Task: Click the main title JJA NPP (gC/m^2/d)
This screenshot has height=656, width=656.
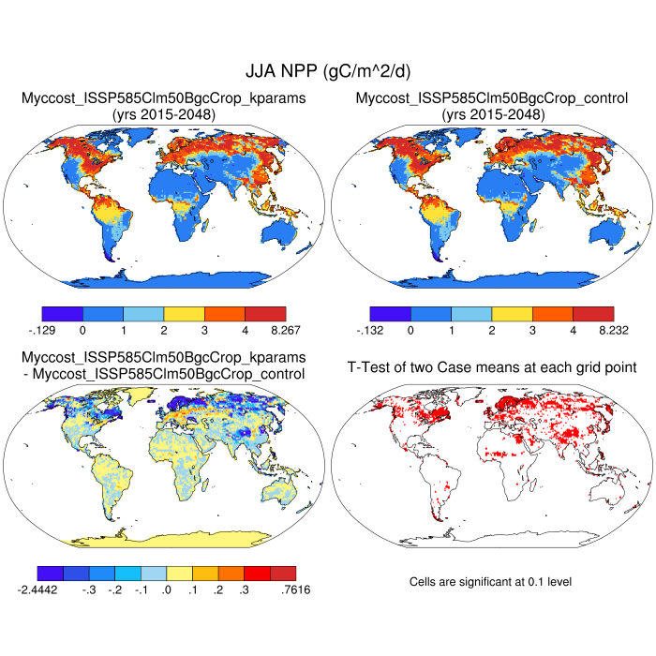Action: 328,71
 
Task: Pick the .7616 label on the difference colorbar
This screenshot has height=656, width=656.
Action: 295,589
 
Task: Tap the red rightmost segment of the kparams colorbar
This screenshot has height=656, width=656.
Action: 265,314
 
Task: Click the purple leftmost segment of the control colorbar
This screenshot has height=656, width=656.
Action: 390,314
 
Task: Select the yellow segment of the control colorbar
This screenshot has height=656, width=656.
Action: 512,314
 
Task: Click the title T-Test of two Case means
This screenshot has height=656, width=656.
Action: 492,366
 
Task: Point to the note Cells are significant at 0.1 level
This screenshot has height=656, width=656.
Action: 490,582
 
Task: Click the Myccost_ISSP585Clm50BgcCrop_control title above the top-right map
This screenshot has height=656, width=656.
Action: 492,97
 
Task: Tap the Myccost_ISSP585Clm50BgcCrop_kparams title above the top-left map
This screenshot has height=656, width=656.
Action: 164,97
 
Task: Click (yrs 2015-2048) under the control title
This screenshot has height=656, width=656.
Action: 492,114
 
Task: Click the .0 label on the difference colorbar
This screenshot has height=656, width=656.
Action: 167,589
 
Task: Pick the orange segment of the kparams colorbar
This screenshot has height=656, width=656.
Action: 225,314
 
